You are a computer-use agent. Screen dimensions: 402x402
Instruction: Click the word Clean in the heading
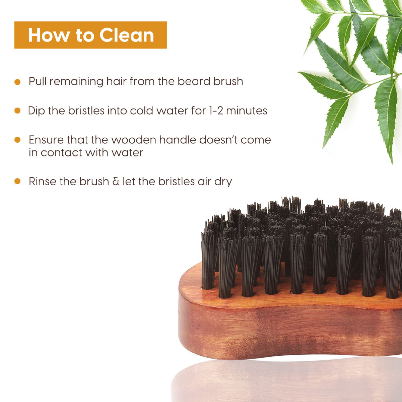(127, 35)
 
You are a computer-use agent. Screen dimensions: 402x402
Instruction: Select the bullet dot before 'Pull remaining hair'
(17, 82)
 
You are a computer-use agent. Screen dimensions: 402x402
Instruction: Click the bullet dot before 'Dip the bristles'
(17, 111)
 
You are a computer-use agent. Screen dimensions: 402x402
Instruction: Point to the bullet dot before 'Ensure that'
(17, 140)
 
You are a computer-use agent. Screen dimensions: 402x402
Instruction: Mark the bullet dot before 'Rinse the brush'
(17, 181)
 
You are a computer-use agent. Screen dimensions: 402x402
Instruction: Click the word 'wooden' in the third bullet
(134, 140)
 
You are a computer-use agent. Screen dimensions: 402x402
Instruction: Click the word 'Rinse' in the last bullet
(43, 181)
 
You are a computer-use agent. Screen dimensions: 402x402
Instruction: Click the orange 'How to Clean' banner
(90, 35)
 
